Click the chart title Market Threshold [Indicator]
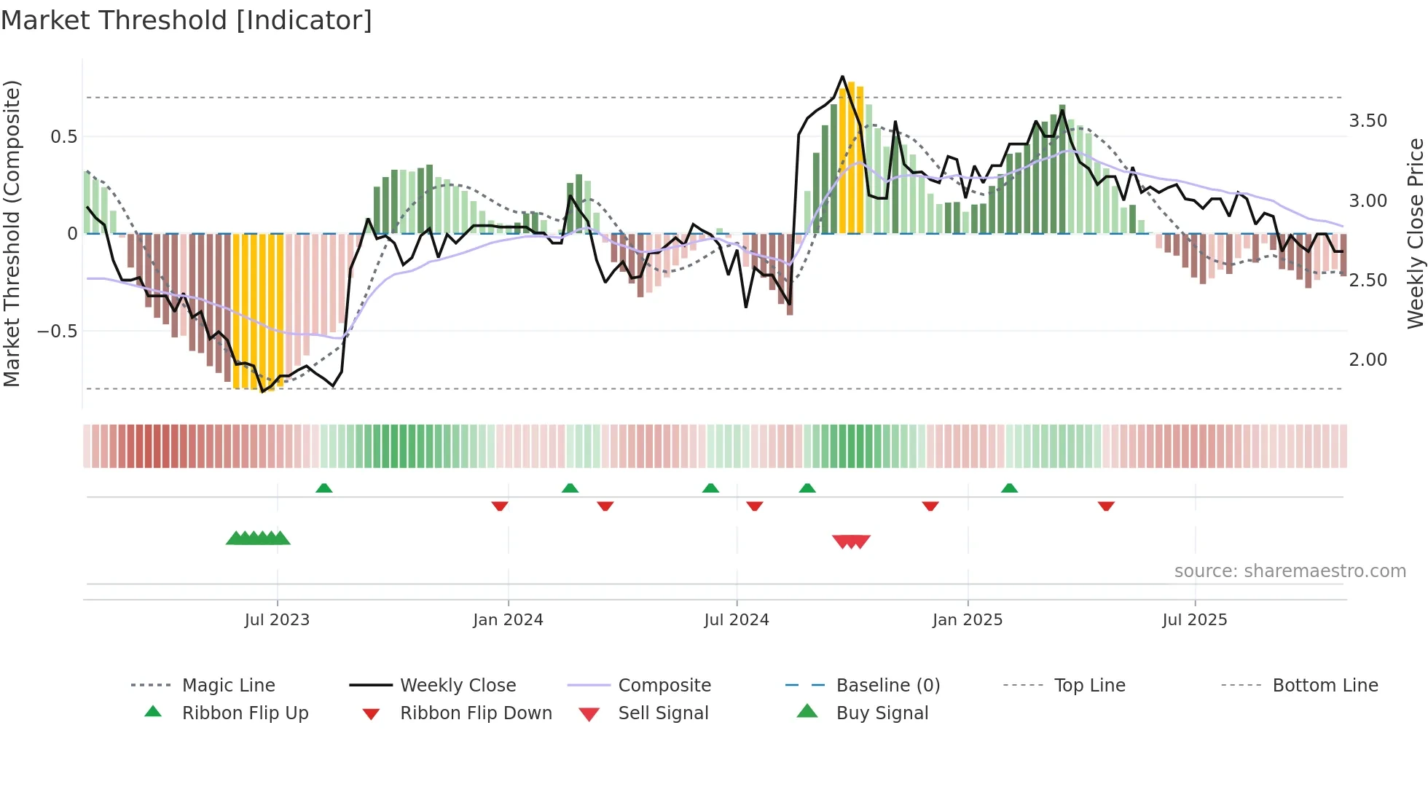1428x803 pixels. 187,20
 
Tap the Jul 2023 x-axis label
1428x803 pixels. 277,620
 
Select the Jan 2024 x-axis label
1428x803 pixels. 508,620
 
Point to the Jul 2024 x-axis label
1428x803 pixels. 737,620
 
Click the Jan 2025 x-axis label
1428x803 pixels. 968,620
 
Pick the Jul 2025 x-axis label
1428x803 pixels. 1195,620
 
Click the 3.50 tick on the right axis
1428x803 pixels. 1368,121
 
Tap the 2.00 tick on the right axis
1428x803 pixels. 1368,360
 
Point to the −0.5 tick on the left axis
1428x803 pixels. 57,332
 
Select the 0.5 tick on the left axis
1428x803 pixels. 63,137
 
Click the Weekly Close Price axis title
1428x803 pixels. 1415,233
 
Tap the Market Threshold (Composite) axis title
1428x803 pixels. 12,233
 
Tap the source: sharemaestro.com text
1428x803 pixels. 1290,571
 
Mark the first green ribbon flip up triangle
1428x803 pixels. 324,488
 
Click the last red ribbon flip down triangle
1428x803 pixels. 1106,506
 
